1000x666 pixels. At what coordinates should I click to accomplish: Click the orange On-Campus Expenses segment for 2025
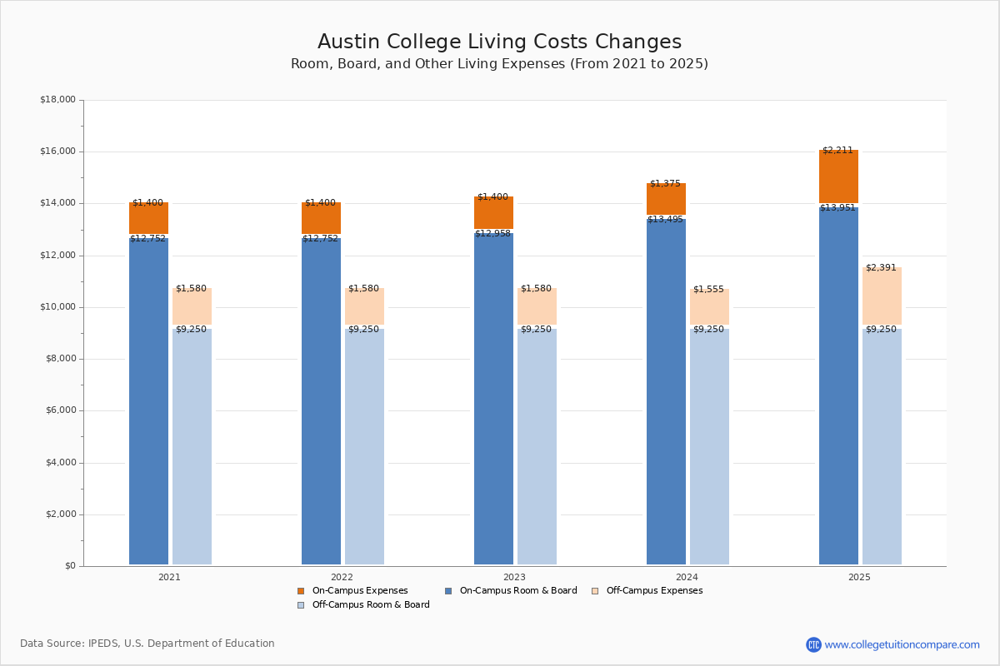(838, 177)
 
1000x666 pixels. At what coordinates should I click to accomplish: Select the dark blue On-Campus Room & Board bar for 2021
(148, 400)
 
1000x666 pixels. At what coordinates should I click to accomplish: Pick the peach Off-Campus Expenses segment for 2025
(882, 296)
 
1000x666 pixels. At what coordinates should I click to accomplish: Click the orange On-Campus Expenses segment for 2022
(321, 218)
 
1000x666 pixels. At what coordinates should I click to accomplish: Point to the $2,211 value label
(837, 151)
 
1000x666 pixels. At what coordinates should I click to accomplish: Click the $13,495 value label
(665, 220)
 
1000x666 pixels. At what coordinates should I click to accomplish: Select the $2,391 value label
(881, 268)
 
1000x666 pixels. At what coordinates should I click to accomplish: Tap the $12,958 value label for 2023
(492, 234)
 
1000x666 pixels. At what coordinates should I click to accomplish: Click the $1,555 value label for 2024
(708, 289)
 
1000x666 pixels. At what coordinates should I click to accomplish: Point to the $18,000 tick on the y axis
(57, 100)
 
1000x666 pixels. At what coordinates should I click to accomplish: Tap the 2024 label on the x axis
(687, 577)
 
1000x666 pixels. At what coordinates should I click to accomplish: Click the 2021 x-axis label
(169, 577)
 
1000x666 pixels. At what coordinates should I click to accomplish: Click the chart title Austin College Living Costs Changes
(499, 42)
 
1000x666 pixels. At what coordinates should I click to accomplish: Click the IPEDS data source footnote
(147, 644)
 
